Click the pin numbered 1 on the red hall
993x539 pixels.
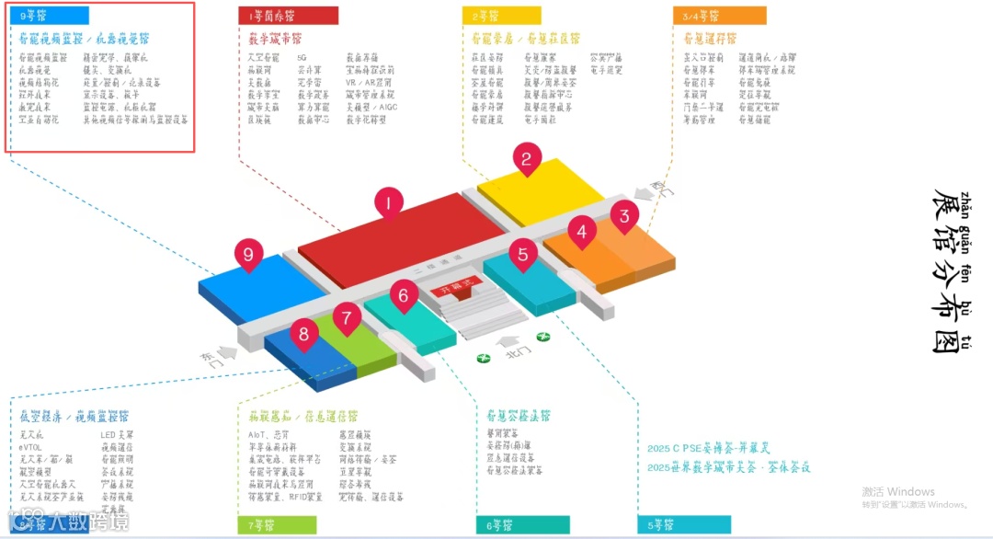pyautogui.click(x=389, y=203)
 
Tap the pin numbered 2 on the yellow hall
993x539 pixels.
pyautogui.click(x=527, y=160)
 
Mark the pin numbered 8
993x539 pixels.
pyautogui.click(x=303, y=334)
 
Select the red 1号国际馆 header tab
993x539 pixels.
pyautogui.click(x=288, y=16)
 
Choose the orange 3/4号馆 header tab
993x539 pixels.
pyautogui.click(x=719, y=16)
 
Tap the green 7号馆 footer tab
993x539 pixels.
pyautogui.click(x=277, y=525)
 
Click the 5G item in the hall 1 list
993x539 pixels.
pyautogui.click(x=302, y=57)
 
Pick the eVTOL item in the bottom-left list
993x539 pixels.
pyautogui.click(x=31, y=447)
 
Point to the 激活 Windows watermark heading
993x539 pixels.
pyautogui.click(x=897, y=491)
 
